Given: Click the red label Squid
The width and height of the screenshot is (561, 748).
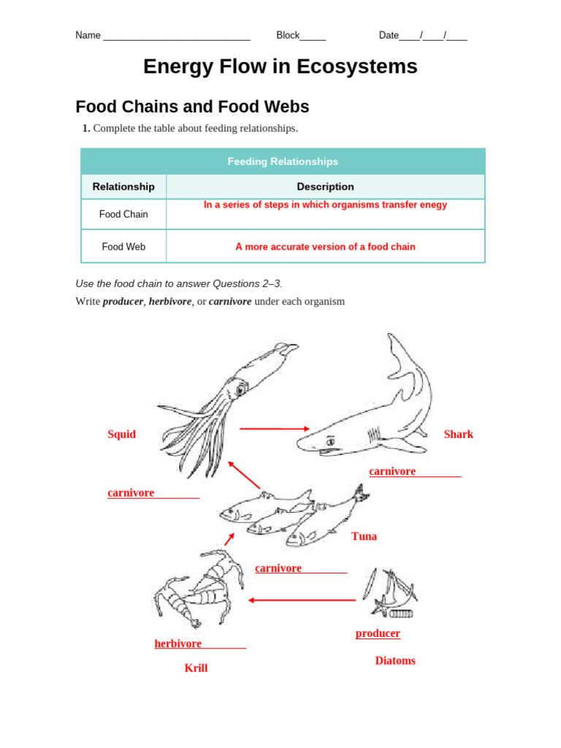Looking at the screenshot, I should [x=121, y=435].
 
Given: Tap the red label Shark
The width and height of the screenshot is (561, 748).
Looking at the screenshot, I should [x=458, y=435].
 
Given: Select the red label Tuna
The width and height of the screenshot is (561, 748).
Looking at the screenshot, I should [x=364, y=536].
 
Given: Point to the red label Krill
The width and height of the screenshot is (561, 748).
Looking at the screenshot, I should [x=196, y=668].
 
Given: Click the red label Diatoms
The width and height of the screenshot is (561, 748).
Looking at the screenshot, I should [x=395, y=660].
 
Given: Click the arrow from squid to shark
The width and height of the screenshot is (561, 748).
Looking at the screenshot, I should [x=275, y=429].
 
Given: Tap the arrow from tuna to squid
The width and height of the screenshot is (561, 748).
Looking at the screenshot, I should [x=244, y=475].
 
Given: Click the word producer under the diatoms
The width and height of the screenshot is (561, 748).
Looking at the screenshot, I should [x=378, y=633].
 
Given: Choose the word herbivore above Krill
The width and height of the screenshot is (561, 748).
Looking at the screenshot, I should [x=178, y=644].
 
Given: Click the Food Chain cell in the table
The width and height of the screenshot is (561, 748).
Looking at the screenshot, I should [x=123, y=214].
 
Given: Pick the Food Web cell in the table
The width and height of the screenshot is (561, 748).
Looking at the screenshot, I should [x=123, y=247].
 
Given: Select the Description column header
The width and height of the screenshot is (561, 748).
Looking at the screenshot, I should [x=325, y=186].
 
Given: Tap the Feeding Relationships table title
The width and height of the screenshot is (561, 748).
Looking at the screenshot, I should [x=283, y=161].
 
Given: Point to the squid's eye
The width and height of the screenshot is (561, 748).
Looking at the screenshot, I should [x=239, y=391].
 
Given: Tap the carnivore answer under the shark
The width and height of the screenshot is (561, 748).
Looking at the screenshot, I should [x=392, y=471].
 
